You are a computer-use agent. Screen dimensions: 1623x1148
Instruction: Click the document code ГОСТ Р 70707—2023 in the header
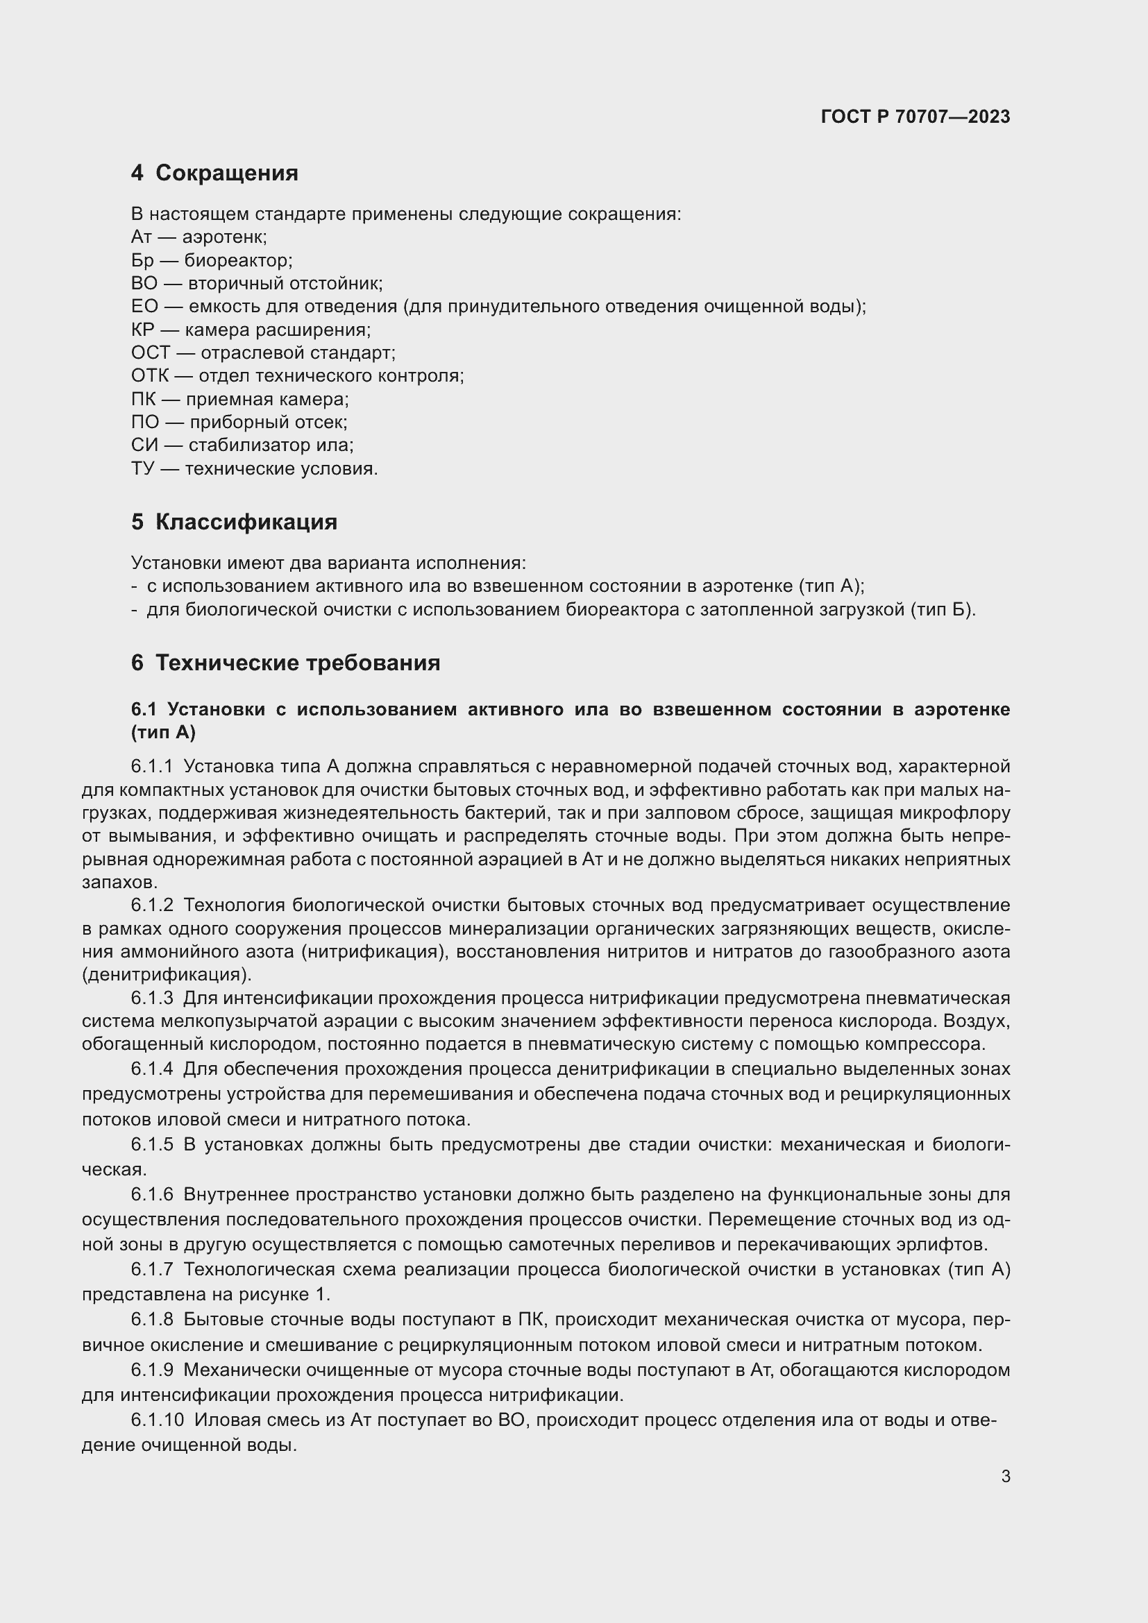915,117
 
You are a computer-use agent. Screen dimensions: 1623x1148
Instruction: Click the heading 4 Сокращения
214,173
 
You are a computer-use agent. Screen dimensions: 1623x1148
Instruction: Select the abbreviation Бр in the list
142,260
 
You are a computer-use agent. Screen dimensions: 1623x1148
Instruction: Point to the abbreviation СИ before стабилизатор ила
144,445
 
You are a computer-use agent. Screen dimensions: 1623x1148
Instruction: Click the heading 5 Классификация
234,522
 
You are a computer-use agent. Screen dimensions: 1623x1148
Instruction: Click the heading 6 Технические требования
285,663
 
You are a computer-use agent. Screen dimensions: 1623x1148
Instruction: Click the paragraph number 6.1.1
152,766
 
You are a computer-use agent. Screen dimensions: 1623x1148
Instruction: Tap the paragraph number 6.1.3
152,998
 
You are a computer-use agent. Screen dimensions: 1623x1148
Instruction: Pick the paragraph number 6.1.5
152,1144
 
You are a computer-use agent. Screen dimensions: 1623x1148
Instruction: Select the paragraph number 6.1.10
157,1420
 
